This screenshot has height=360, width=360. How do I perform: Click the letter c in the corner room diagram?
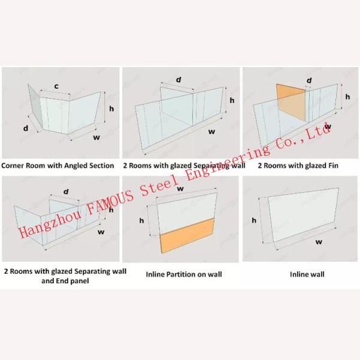tap(56, 86)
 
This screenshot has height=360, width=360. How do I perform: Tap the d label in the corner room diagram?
tap(26, 128)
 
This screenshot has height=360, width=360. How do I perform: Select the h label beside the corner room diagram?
tap(112, 109)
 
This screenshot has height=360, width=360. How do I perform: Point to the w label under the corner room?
tap(97, 137)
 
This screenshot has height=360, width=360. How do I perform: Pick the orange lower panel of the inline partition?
tap(187, 236)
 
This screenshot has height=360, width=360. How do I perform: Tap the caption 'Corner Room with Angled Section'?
tap(58, 166)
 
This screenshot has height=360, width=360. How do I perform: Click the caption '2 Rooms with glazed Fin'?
tap(298, 166)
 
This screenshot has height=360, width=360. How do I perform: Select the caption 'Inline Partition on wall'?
tap(184, 274)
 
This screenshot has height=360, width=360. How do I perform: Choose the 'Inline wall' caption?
tap(307, 274)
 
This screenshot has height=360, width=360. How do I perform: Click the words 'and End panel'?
tap(65, 281)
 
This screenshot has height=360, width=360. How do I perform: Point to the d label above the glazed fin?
tap(309, 80)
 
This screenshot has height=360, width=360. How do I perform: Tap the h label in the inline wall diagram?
tap(254, 220)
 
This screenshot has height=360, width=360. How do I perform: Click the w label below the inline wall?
tap(319, 242)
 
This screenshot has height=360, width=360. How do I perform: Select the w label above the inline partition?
tap(181, 188)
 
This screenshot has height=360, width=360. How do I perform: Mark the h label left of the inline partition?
tap(142, 220)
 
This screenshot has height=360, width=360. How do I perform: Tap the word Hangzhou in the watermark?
tap(50, 221)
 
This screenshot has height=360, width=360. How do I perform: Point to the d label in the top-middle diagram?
tap(178, 80)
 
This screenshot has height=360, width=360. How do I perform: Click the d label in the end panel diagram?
tap(66, 191)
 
